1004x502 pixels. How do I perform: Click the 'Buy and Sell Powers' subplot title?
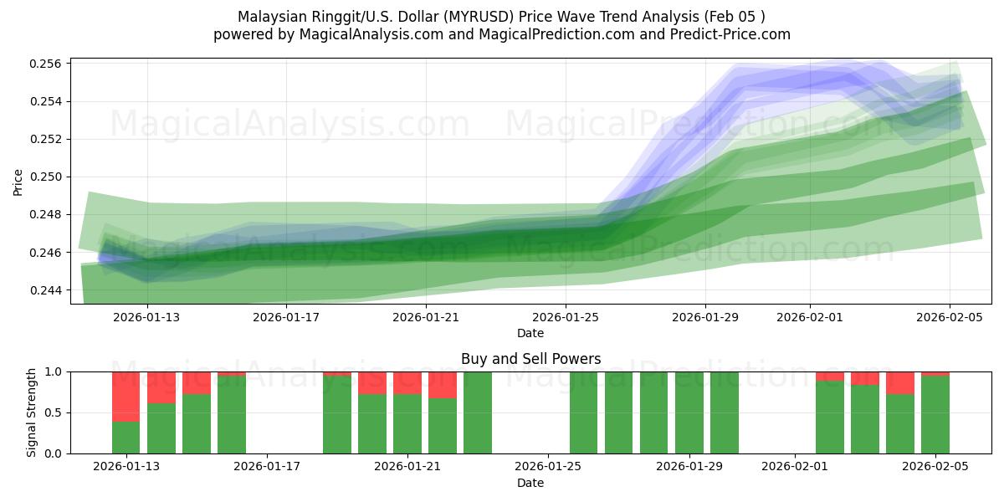(x=530, y=359)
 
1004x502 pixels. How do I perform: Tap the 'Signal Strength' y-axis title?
(x=31, y=412)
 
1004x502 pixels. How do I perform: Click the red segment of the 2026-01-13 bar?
(x=126, y=397)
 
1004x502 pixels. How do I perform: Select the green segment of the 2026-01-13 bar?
(x=126, y=438)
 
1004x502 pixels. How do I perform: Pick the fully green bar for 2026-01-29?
(x=689, y=412)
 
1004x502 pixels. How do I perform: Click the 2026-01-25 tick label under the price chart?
(x=566, y=317)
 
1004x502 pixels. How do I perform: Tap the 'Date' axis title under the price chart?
(x=530, y=333)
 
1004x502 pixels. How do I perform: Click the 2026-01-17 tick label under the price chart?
(x=286, y=317)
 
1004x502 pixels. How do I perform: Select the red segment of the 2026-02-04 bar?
(x=899, y=383)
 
